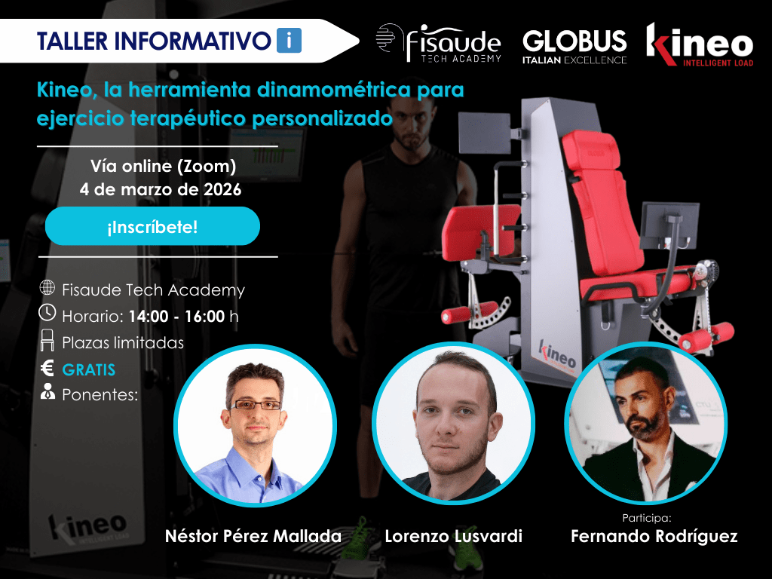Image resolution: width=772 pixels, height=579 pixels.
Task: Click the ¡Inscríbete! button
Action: (152, 226)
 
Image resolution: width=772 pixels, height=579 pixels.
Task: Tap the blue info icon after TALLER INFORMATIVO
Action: (289, 40)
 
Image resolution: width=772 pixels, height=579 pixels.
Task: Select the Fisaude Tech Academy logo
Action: (438, 44)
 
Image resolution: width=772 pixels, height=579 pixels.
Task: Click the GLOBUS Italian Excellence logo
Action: (574, 46)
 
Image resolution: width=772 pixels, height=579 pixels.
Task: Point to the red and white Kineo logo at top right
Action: (699, 45)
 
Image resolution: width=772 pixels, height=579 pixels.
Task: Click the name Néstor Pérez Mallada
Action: (253, 537)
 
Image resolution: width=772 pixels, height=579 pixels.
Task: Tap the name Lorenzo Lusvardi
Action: (453, 537)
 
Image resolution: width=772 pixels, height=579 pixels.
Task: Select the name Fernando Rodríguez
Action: (654, 537)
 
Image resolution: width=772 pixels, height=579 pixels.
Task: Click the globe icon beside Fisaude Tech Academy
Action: (47, 288)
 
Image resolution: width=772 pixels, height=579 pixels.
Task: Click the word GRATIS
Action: (89, 370)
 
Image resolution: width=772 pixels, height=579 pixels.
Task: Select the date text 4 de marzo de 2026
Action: (161, 190)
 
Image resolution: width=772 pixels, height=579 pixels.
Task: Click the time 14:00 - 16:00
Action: (176, 316)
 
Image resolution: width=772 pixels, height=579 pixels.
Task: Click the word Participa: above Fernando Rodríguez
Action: (647, 518)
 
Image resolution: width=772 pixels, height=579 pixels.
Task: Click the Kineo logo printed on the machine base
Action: (556, 352)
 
